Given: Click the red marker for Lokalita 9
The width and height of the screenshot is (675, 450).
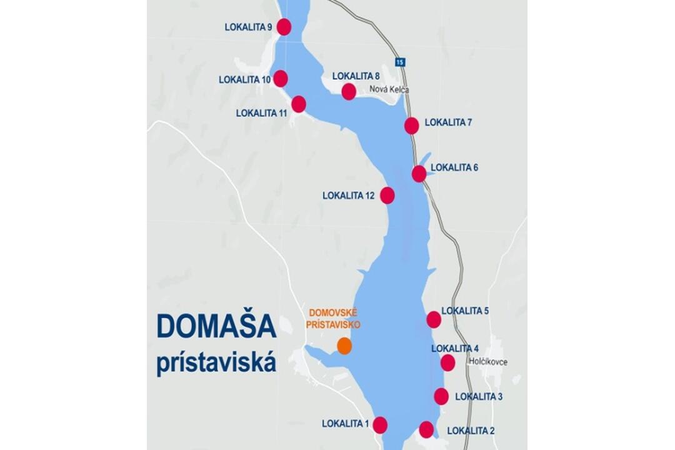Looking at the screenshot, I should (284, 27).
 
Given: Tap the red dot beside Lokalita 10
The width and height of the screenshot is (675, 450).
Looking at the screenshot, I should (281, 79).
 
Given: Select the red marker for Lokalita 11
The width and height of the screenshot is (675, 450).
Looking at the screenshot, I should (299, 104).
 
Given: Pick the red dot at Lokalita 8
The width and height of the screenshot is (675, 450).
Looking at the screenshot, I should (349, 92).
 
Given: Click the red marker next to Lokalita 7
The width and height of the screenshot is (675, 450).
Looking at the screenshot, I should (411, 126).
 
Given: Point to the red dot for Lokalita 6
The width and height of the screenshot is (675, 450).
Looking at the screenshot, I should (419, 174).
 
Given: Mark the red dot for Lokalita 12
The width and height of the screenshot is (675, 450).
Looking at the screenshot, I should (387, 196).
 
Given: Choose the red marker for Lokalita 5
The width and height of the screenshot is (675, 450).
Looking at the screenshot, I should (434, 320).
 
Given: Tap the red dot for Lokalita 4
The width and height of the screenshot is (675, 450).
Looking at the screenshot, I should (447, 362).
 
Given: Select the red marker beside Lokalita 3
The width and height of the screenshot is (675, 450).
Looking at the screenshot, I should (441, 396).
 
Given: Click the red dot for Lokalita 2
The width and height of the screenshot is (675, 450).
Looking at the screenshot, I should (426, 429).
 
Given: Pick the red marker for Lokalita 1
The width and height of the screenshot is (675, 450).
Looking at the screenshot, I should (380, 425).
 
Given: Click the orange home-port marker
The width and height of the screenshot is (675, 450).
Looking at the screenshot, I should (344, 346).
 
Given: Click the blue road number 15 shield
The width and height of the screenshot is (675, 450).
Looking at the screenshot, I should (400, 62).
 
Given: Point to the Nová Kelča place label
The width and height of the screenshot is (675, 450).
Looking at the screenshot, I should (390, 90).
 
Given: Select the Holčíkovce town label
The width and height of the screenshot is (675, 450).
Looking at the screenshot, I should (487, 362).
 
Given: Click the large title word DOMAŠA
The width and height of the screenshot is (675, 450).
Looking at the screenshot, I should (216, 326).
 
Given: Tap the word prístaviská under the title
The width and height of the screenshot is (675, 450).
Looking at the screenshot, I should (216, 363).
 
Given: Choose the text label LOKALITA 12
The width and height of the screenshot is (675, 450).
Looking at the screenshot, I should (348, 196).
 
